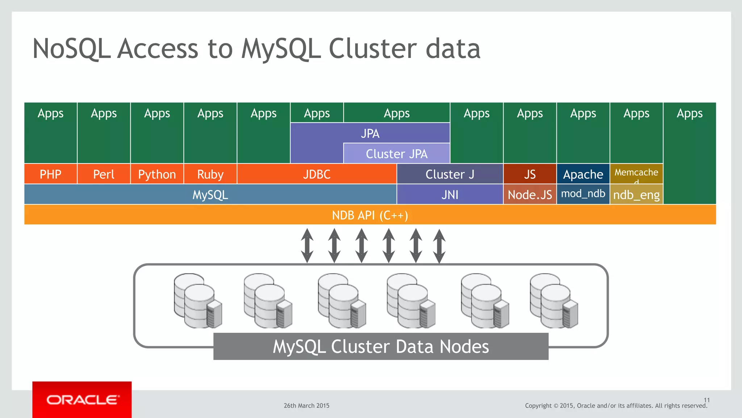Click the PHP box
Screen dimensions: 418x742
50,174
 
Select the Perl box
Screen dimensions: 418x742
104,174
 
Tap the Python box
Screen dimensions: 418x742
157,174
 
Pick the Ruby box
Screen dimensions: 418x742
210,174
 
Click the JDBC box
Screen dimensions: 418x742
317,174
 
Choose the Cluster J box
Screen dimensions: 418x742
450,174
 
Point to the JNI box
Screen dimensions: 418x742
450,195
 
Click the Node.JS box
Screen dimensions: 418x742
530,195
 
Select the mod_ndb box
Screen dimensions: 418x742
583,194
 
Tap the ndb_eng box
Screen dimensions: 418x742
636,195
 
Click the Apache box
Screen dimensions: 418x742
583,174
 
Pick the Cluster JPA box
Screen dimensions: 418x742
396,154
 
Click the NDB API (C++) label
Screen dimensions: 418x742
370,215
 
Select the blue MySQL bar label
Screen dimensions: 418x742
210,195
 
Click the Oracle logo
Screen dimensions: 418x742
82,400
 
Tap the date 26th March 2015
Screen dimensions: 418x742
307,406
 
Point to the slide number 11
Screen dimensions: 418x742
706,400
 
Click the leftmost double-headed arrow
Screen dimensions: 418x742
307,245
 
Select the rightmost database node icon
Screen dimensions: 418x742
553,301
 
